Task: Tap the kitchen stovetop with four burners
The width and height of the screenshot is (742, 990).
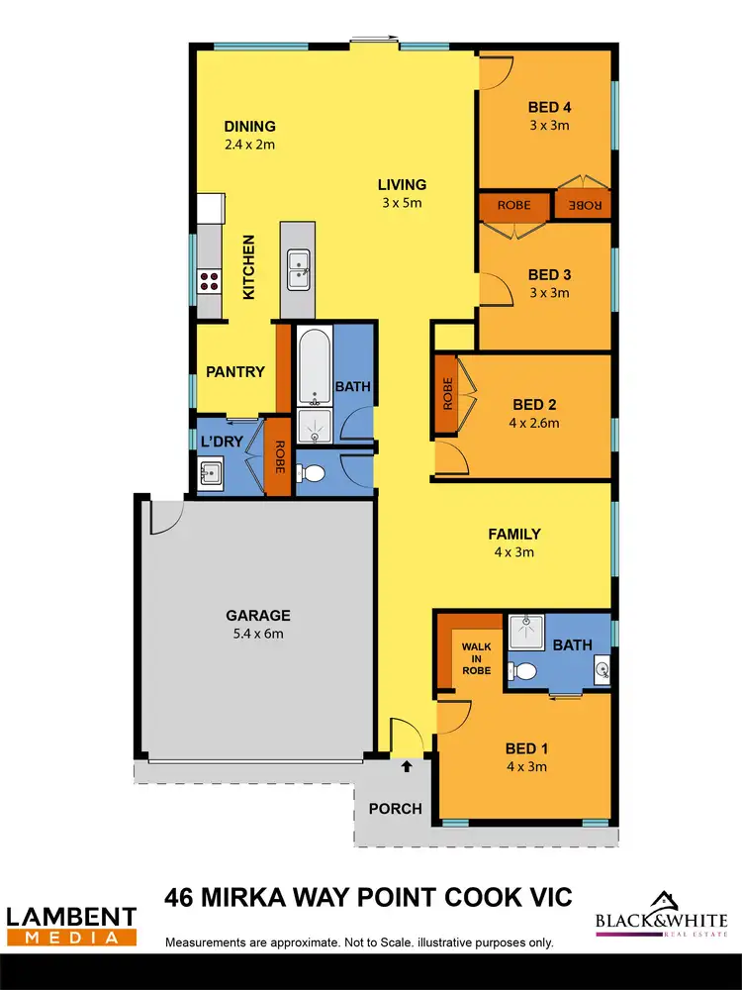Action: (209, 280)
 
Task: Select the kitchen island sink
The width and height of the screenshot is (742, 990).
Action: (298, 263)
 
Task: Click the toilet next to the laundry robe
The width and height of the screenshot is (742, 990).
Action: (313, 473)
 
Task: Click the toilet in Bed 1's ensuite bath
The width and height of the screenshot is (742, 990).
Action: (524, 671)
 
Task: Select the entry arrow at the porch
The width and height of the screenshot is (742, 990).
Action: (406, 765)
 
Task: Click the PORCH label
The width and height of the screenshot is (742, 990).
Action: (395, 809)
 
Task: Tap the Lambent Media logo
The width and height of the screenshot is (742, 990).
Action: (71, 925)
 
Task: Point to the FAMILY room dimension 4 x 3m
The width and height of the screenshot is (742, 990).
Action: (514, 552)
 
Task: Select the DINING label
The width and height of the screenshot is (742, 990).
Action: (249, 126)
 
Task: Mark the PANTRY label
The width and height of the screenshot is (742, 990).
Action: (235, 372)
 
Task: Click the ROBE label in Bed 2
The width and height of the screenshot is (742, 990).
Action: (447, 394)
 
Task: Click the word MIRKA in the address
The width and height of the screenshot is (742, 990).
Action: (263, 898)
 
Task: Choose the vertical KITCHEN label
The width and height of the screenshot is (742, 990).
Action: (249, 267)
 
